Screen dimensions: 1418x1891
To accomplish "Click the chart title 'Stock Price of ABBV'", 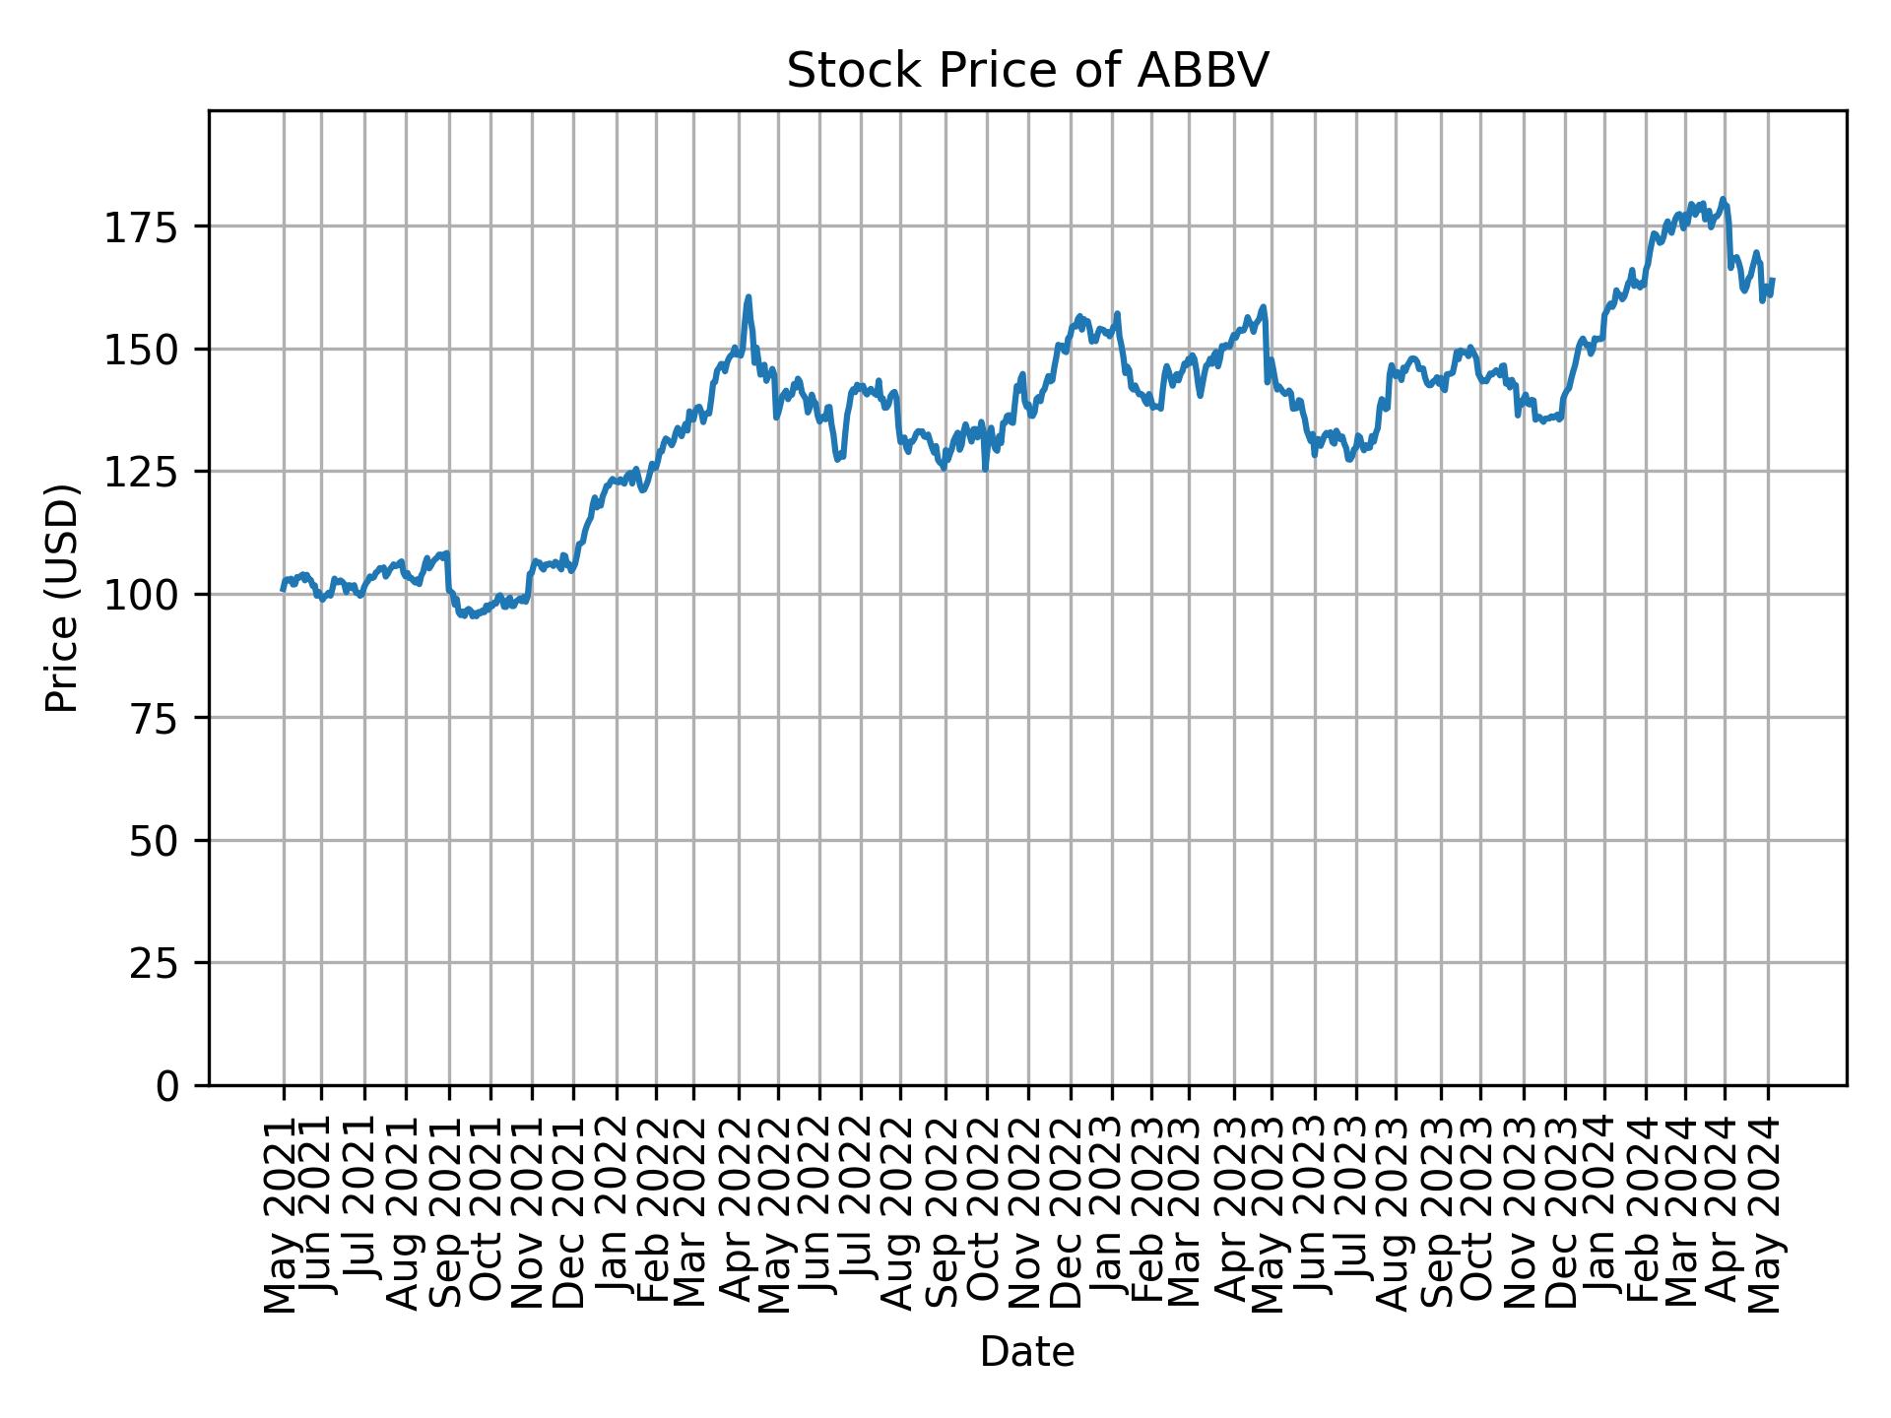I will [x=1027, y=71].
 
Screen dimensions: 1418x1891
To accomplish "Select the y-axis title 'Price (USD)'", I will [x=61, y=598].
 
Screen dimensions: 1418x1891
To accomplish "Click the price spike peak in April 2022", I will [x=749, y=296].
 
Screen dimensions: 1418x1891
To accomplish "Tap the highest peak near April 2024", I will [x=1723, y=199].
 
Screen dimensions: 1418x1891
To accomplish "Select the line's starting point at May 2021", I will [x=283, y=589].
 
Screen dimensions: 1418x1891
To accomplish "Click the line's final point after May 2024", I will [x=1773, y=280].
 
